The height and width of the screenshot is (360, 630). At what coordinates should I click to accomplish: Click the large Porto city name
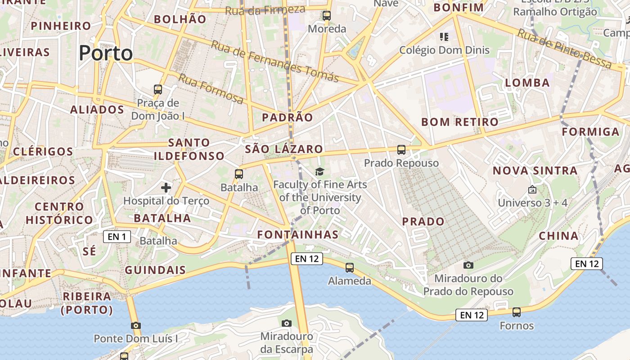(106, 53)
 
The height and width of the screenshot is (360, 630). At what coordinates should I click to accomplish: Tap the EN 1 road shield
(117, 237)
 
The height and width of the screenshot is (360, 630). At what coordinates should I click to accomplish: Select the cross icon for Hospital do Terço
(166, 187)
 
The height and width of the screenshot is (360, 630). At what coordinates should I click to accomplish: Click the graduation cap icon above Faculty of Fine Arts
(319, 171)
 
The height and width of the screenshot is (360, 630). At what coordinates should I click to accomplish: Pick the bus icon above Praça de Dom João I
(157, 89)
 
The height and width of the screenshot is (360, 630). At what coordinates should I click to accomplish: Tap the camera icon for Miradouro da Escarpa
(286, 323)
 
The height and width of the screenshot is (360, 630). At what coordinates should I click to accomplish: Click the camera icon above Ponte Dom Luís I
(135, 325)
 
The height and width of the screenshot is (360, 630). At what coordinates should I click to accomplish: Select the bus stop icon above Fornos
(517, 312)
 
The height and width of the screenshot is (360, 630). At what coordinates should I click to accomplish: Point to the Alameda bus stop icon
(350, 268)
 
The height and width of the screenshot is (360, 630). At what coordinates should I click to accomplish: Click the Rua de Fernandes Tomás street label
(274, 61)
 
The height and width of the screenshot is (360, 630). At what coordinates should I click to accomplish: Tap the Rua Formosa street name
(211, 89)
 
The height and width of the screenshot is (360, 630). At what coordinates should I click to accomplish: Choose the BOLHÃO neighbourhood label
(180, 19)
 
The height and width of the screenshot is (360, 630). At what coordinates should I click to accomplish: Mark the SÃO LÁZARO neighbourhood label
(284, 149)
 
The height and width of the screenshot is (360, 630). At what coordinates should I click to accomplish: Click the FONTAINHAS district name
(297, 234)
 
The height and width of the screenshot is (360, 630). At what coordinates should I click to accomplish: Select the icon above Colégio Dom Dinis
(444, 36)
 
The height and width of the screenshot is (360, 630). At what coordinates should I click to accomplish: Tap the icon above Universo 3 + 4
(532, 189)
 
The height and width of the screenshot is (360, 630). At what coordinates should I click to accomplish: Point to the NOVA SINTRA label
(535, 171)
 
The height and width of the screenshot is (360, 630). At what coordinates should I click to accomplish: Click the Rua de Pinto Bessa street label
(564, 49)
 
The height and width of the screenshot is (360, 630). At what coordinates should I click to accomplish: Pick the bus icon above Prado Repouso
(401, 150)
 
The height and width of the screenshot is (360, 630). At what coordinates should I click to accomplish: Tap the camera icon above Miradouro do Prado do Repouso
(468, 265)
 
